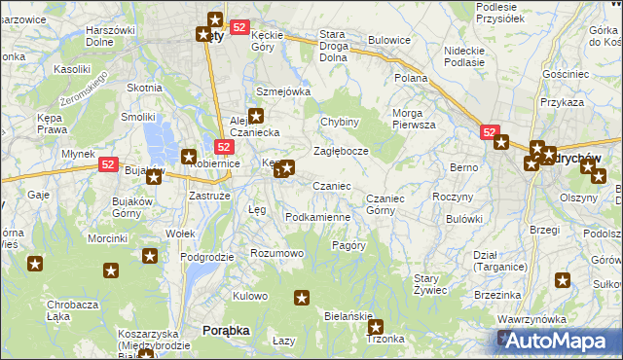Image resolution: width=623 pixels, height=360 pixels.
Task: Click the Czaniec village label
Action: point(331,186)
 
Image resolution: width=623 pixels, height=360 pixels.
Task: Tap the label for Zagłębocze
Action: point(340,152)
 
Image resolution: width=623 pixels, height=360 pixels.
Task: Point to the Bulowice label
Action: point(388,41)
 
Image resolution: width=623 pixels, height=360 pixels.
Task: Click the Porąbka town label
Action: point(225,331)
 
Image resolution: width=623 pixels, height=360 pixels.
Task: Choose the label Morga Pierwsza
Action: point(414,119)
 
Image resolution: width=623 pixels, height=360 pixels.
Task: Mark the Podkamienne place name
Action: point(317,217)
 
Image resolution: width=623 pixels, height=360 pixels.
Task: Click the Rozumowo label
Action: point(277,253)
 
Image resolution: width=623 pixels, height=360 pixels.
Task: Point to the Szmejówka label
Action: point(282,91)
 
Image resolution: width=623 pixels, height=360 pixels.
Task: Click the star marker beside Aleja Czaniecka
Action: point(256,116)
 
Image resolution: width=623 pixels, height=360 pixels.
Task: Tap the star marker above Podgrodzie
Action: point(150,256)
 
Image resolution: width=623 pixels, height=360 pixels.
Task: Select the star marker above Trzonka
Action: point(376,328)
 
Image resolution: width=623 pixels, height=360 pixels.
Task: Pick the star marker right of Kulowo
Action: point(302,297)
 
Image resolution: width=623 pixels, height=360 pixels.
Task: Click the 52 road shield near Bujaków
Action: point(109,166)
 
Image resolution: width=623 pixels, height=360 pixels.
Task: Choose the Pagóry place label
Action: point(348,245)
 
